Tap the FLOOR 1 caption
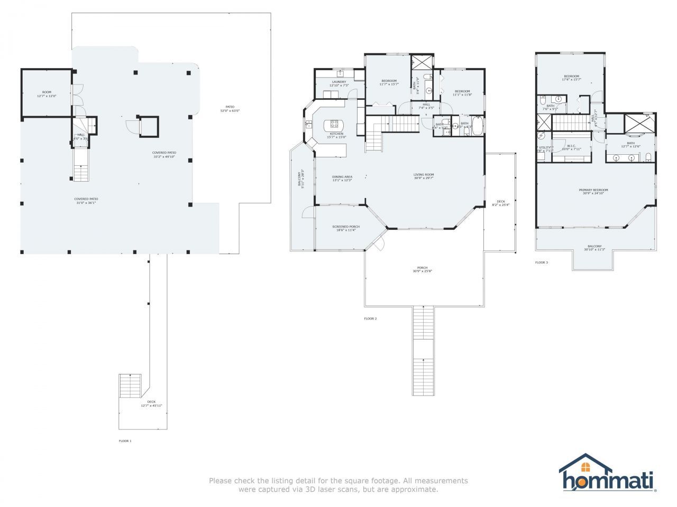click(x=125, y=440)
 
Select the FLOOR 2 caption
click(x=370, y=318)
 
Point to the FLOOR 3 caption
click(x=541, y=262)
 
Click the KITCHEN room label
click(x=336, y=134)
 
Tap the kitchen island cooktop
click(x=334, y=125)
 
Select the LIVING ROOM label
click(x=424, y=176)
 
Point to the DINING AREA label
click(x=342, y=178)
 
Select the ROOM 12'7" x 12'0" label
click(x=47, y=94)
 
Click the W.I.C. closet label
click(x=571, y=147)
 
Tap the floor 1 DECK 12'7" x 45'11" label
click(x=151, y=404)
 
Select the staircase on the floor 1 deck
click(x=130, y=386)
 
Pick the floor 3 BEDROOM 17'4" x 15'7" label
click(x=571, y=78)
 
